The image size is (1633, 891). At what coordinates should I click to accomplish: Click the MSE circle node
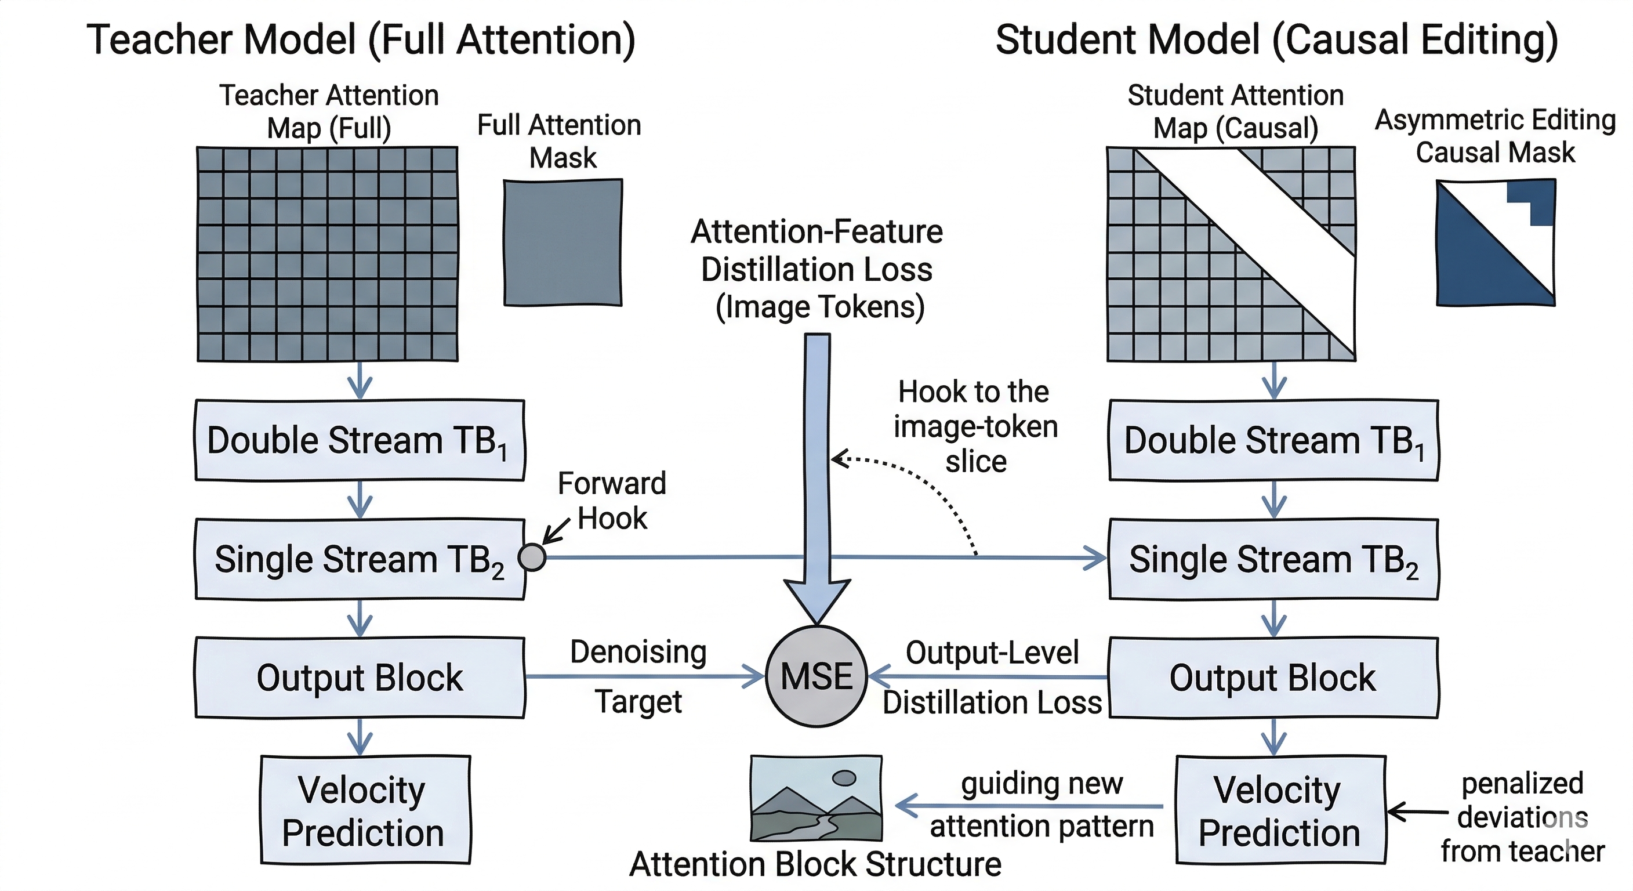816,676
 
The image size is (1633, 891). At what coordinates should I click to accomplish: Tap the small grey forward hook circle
531,557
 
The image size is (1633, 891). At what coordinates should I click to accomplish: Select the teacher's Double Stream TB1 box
360,440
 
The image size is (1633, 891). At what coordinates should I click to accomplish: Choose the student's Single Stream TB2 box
1273,559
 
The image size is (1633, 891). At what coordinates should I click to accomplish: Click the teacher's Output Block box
360,678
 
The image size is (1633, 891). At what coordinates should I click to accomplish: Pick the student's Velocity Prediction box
1280,810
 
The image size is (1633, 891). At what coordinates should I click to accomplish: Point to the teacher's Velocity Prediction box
365,810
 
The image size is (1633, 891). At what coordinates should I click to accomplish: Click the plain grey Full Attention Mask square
563,243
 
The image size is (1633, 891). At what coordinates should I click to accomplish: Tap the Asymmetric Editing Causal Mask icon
1495,243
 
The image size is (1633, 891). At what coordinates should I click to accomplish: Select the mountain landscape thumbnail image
816,798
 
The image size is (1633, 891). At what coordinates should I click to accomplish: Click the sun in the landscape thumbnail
844,777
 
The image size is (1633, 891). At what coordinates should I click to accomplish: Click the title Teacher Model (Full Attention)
361,39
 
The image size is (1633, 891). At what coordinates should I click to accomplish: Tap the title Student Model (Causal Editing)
1276,39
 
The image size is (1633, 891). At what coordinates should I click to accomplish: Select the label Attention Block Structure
815,864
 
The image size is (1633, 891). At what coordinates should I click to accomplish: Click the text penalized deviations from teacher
1522,817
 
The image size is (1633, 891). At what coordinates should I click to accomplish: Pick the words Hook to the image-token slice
975,426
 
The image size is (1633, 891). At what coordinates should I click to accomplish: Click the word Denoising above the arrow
638,652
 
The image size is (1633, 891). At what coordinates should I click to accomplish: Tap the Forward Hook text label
612,501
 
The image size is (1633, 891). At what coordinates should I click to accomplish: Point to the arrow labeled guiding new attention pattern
1030,806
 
